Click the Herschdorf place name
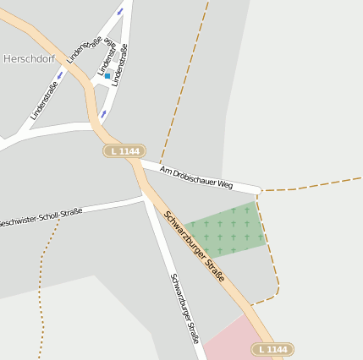pos(28,58)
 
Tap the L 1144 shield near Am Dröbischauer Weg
pos(124,151)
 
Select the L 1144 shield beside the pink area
pos(272,349)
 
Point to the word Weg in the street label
pos(224,183)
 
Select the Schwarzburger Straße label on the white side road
pos(184,308)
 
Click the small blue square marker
pos(107,76)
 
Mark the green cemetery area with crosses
pos(227,230)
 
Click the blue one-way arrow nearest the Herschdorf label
pos(60,74)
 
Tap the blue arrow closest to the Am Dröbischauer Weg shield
pos(103,113)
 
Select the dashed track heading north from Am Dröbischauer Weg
pos(182,85)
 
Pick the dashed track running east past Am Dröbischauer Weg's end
pos(313,184)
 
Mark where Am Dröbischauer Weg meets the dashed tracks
pos(259,190)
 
